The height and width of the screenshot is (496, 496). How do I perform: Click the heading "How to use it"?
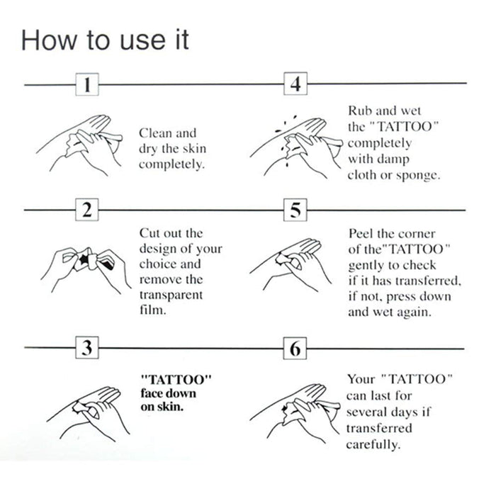tap(105, 40)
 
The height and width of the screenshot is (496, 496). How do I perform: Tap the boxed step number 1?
tap(86, 85)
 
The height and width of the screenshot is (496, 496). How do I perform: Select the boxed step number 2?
tap(86, 210)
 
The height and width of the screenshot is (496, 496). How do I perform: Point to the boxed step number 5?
tap(295, 210)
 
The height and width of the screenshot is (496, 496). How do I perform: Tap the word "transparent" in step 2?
tap(171, 295)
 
